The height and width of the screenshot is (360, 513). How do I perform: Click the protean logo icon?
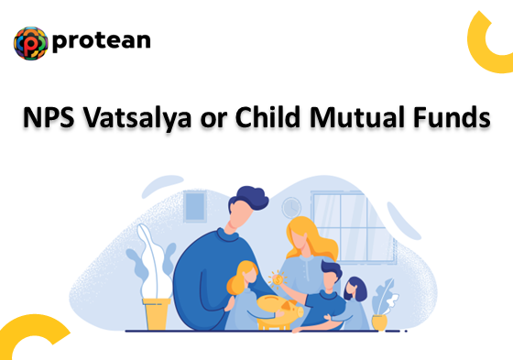click(30, 43)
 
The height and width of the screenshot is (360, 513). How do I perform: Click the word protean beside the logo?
click(102, 42)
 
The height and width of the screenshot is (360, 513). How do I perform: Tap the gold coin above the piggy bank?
click(278, 276)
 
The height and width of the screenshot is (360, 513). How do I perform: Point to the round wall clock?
click(291, 206)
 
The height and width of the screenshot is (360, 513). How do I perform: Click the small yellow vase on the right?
click(379, 322)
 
